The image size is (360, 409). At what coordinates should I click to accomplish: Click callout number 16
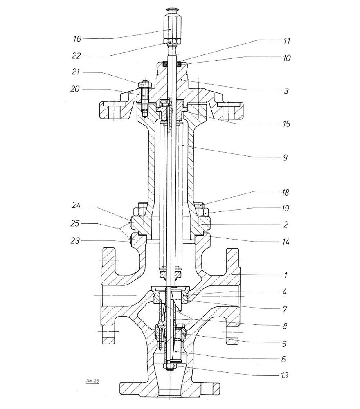76,39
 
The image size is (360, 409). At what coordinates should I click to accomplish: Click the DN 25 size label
93,381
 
